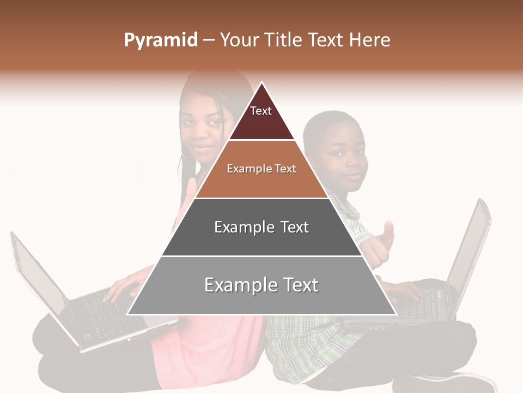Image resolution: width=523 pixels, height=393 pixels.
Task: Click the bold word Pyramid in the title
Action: click(160, 40)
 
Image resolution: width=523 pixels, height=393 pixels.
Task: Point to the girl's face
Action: click(202, 131)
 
